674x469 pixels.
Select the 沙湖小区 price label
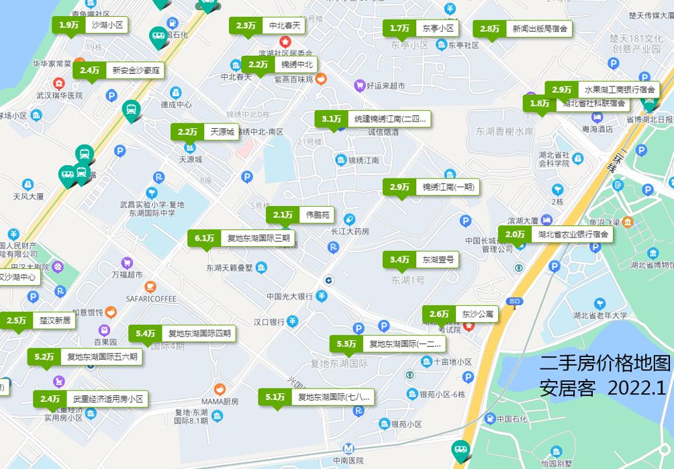90,25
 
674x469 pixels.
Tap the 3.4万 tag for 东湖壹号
421,260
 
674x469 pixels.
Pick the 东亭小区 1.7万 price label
421,28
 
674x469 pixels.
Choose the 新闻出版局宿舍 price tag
522,29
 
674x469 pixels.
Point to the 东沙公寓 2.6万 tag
460,314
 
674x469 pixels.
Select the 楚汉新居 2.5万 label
38,321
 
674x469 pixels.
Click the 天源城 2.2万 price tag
205,132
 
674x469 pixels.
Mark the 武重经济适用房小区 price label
91,399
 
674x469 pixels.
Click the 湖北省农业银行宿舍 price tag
555,234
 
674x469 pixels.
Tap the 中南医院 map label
348,461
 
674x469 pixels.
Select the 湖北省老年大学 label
601,315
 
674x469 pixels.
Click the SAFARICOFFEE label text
150,299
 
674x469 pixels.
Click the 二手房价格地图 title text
605,364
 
